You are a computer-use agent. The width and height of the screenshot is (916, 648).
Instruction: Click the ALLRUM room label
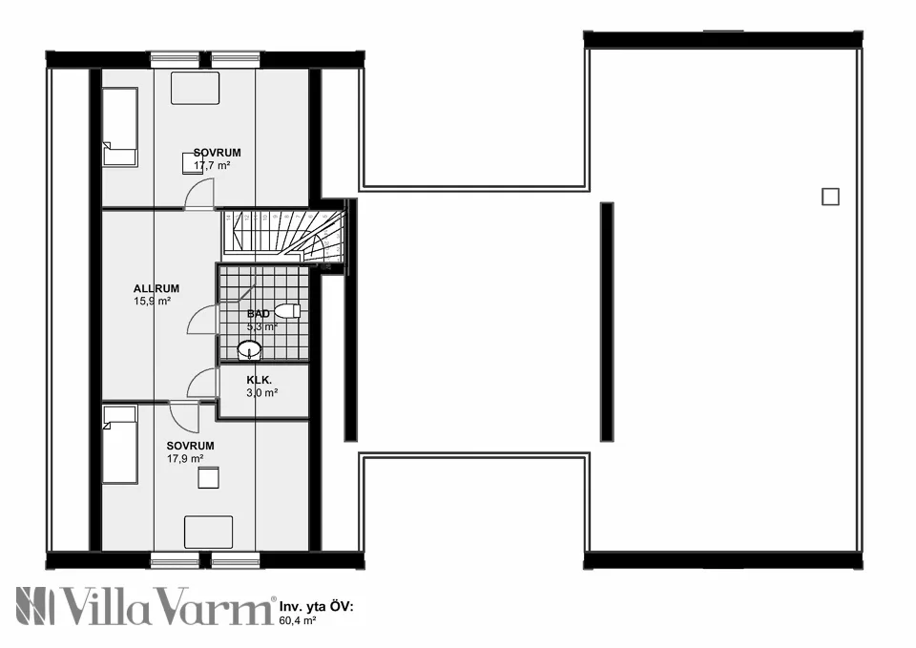pos(156,288)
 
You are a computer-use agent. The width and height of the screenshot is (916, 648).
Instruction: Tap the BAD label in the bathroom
pos(258,313)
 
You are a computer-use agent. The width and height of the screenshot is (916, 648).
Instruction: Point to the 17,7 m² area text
pos(213,165)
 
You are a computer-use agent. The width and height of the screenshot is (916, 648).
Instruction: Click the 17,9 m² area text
pos(184,458)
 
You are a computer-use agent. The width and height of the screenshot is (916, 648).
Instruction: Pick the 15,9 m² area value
pos(152,301)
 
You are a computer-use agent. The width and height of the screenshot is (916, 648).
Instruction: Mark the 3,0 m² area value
pos(261,392)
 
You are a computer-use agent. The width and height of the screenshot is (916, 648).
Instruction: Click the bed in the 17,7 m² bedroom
pos(120,127)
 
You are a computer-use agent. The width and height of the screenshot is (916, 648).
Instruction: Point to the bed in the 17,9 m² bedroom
pos(120,444)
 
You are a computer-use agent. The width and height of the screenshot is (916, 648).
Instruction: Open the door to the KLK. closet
pos(202,384)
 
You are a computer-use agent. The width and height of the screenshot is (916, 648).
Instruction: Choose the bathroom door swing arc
pos(203,320)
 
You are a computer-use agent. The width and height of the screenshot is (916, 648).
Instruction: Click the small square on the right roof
pos(830,197)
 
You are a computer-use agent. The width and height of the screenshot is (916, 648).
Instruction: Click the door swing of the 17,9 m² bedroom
pos(184,417)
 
